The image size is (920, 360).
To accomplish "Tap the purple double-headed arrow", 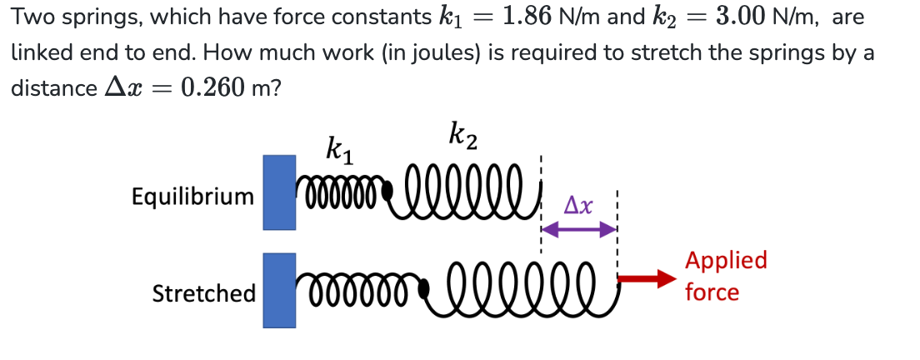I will (579, 228).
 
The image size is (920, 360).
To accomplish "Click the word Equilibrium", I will (192, 197).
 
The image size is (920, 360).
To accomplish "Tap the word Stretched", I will (203, 293).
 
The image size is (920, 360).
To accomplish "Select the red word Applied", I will (725, 260).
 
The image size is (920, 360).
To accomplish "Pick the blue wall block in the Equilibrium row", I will (280, 192).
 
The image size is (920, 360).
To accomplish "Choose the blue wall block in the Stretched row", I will (280, 289).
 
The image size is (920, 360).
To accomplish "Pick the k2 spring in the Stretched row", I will (523, 284).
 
